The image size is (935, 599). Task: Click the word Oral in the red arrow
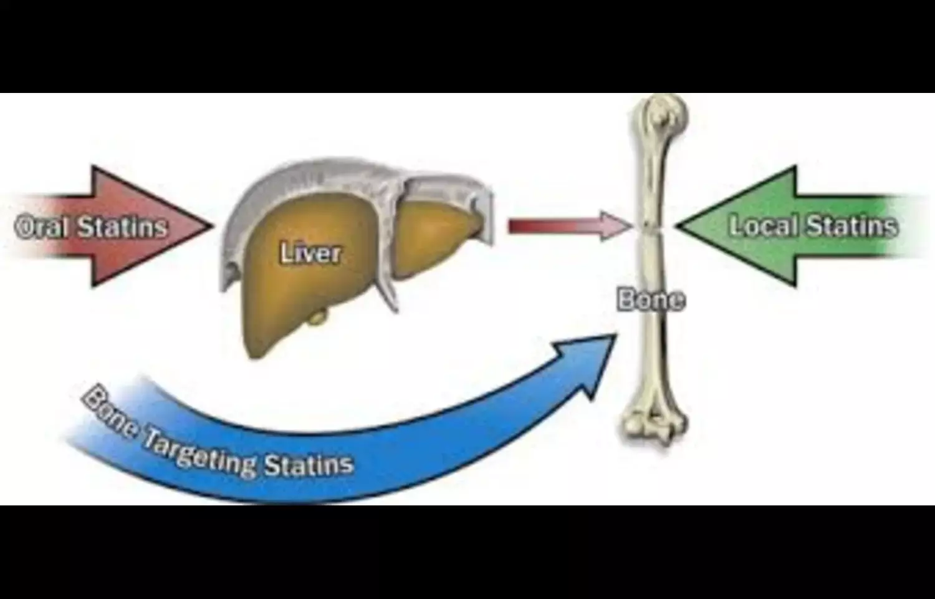42,228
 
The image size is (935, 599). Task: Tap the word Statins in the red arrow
123,228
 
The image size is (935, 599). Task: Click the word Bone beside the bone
651,300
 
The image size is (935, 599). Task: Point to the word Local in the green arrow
761,225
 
